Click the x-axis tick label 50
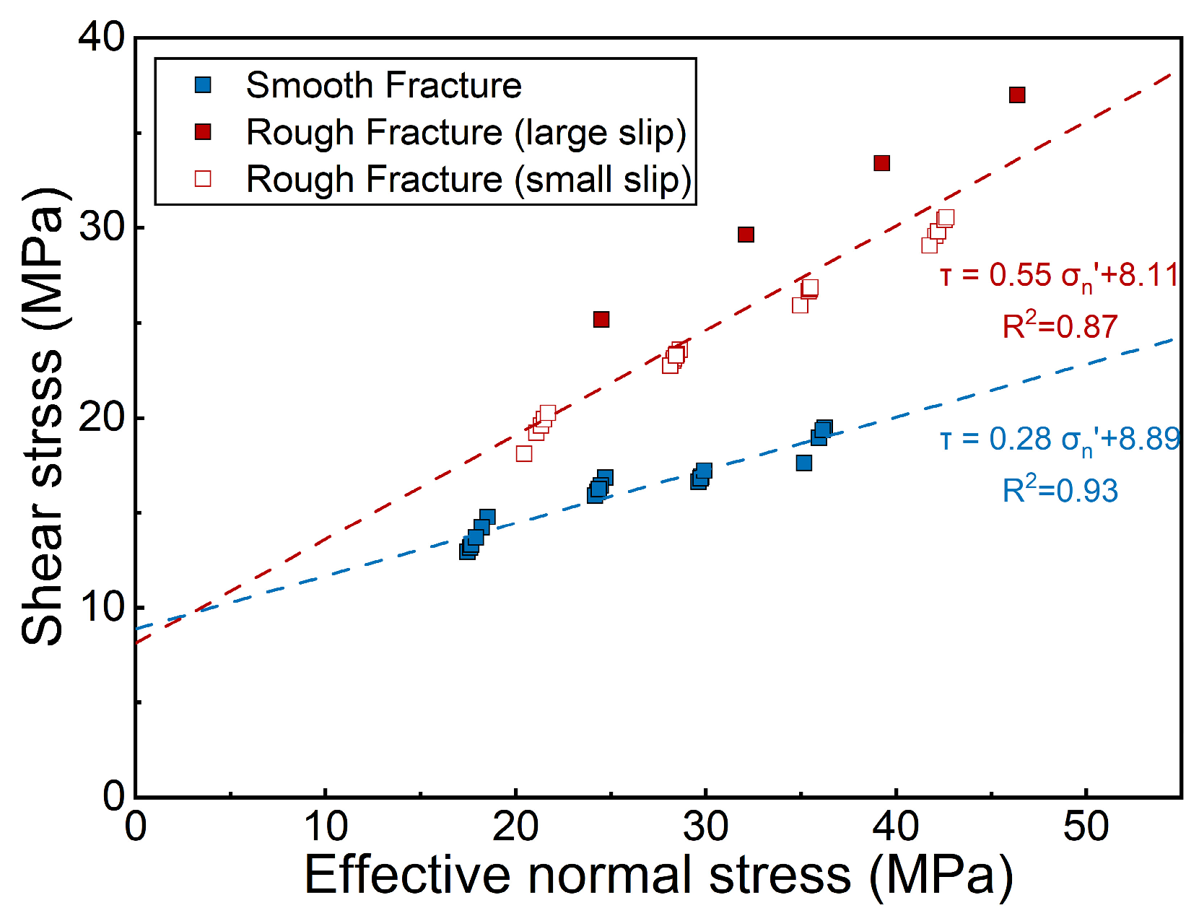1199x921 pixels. (x=1086, y=826)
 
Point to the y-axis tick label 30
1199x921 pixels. (x=101, y=227)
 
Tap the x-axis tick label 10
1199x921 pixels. (x=326, y=826)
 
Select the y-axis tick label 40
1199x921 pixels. (x=101, y=38)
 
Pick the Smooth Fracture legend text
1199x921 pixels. (x=383, y=85)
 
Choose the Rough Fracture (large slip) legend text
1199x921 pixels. (x=467, y=133)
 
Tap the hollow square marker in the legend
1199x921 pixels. (x=203, y=179)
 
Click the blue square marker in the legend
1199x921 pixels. (x=203, y=85)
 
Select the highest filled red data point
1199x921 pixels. (x=1017, y=95)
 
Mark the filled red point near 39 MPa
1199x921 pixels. (x=881, y=163)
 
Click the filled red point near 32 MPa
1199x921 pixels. (x=746, y=235)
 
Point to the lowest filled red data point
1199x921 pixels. (x=601, y=319)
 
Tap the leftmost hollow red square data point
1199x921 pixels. (x=523, y=453)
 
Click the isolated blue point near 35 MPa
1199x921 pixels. (x=804, y=463)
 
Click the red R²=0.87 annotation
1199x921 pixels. (x=1060, y=326)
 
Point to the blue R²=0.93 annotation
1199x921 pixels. (x=1060, y=489)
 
